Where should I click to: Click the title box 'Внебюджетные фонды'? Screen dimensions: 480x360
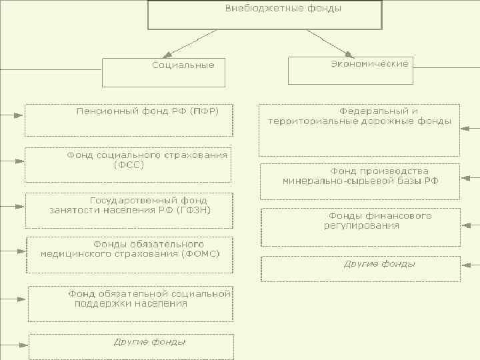coord(265,15)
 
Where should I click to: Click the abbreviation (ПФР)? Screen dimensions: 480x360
coord(203,110)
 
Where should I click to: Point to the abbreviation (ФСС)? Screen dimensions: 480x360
coord(129,165)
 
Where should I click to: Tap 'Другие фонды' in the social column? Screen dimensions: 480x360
coord(149,342)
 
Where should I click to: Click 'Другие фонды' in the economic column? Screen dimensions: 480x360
coord(379,264)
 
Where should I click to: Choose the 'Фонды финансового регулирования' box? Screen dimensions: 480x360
coord(361,227)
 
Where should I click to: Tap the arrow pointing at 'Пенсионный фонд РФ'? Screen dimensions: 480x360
coord(13,115)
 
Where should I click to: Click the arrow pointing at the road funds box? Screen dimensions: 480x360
coord(471,127)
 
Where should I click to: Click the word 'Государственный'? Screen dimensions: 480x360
coord(133,200)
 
